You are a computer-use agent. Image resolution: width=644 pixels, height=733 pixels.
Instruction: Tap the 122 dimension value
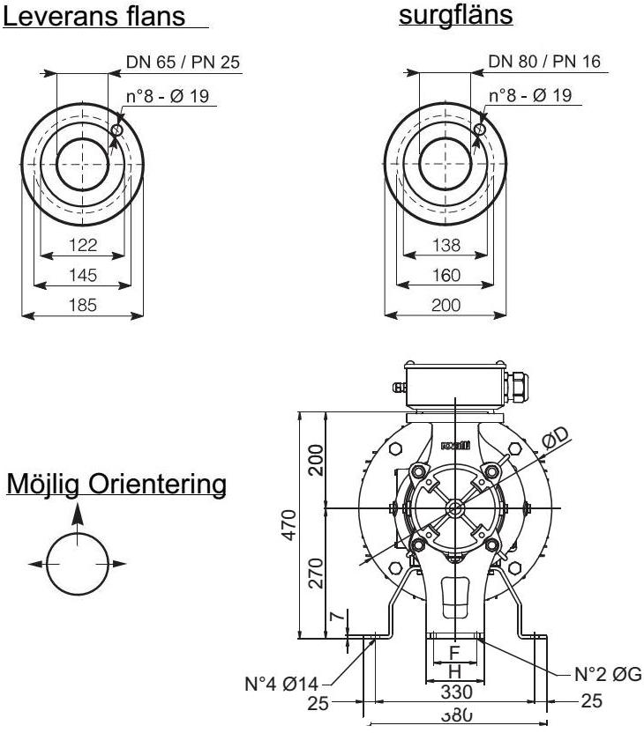[x=83, y=245]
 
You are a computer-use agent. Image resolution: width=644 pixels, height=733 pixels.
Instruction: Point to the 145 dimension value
[x=83, y=275]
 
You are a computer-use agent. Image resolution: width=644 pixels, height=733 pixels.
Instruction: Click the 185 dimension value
[x=83, y=305]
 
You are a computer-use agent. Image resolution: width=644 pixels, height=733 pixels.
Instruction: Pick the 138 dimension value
[x=446, y=245]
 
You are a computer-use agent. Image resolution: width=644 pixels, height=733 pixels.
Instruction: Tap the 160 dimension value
[x=446, y=275]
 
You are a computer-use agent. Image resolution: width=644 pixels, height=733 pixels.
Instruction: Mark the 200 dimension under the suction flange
[x=446, y=305]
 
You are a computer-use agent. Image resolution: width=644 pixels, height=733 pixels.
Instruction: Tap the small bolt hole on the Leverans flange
[x=116, y=130]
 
